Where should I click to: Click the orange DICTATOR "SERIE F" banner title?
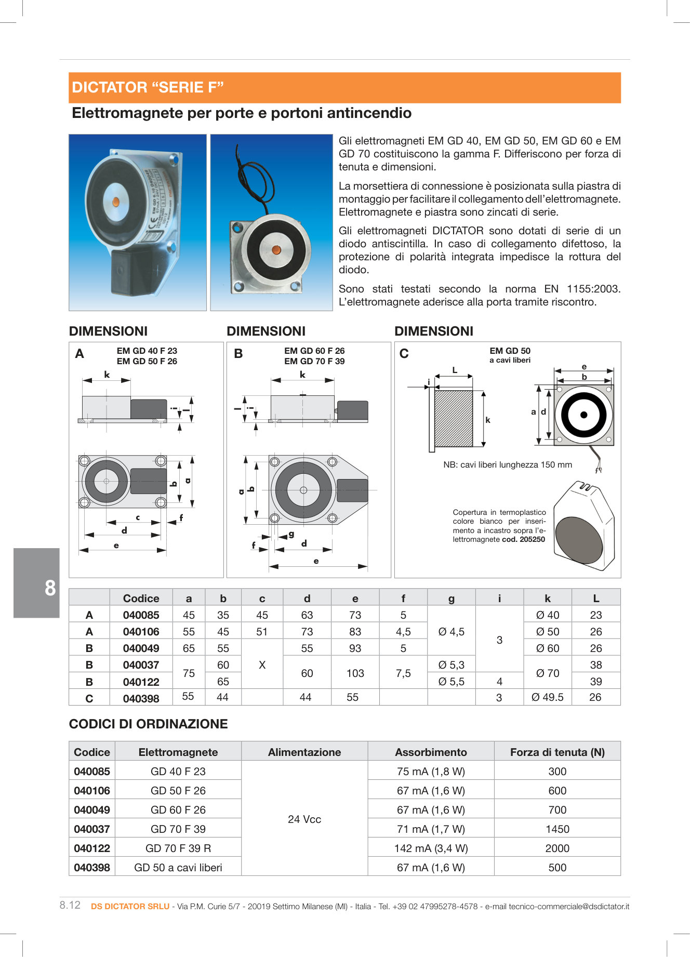click(148, 87)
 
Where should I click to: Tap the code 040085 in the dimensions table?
click(141, 615)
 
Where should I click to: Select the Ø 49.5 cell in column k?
click(547, 697)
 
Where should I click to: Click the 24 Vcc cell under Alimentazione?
click(304, 819)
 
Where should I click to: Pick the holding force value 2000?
click(557, 848)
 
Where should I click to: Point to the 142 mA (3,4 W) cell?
click(431, 848)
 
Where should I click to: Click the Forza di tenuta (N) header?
click(557, 752)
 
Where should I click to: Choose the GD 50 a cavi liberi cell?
click(178, 868)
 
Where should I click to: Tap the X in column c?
click(262, 665)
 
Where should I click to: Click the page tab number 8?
click(50, 588)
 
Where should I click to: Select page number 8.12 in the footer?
click(70, 905)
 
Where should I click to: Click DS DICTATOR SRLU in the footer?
click(130, 907)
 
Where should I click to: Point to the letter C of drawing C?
click(404, 354)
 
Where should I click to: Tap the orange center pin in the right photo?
click(276, 250)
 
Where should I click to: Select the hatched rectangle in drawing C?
click(453, 419)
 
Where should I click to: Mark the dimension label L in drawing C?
click(455, 370)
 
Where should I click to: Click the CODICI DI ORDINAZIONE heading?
click(148, 724)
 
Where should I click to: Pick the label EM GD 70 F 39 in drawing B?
click(314, 361)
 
